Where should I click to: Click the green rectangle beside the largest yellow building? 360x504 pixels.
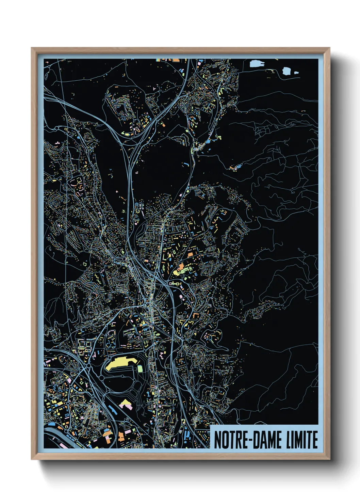tap(140, 368)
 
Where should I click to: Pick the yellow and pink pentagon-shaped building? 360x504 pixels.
tap(125, 404)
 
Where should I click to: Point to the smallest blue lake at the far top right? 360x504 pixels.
tap(295, 73)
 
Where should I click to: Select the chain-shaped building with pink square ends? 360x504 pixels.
tap(175, 283)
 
